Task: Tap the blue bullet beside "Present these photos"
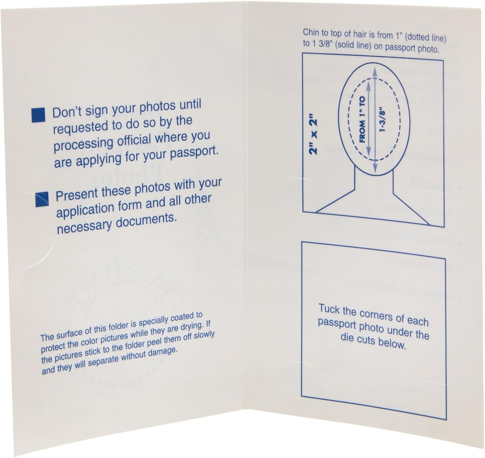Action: (42, 199)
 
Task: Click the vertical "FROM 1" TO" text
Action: (362, 119)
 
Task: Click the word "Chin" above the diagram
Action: (311, 32)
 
